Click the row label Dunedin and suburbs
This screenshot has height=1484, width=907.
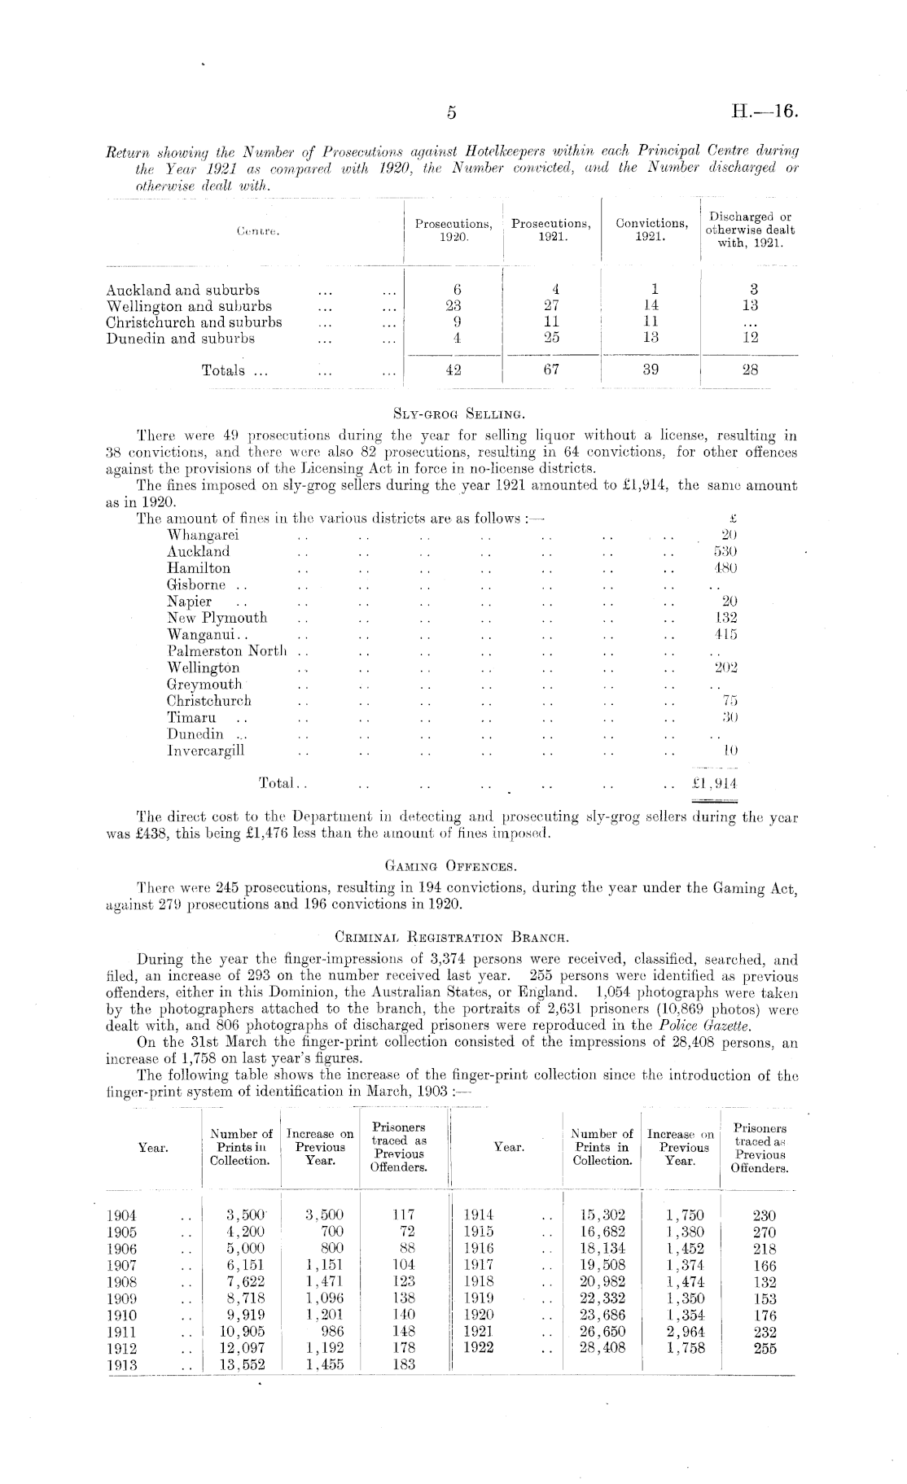click(x=181, y=339)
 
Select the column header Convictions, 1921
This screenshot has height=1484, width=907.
click(x=651, y=230)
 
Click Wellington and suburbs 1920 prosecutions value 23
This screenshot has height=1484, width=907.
click(x=454, y=306)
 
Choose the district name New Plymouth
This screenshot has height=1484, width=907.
click(x=217, y=618)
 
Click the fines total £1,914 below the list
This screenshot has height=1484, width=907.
click(x=714, y=783)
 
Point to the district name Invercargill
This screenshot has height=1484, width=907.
click(x=205, y=751)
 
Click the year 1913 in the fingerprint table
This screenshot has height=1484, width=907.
click(x=123, y=1365)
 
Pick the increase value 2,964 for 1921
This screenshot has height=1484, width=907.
click(x=684, y=1332)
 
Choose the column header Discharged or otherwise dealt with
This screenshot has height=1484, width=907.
click(x=750, y=230)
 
